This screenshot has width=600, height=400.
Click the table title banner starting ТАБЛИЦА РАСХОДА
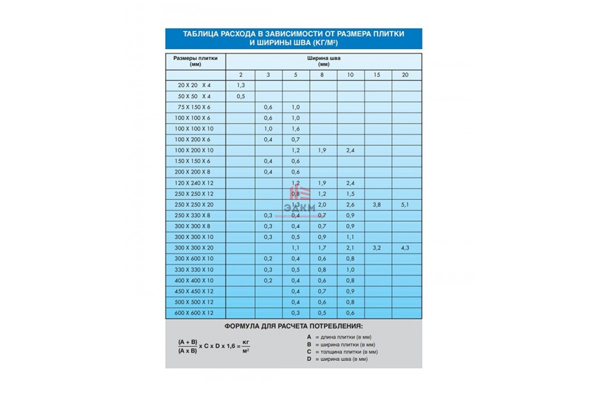tap(293, 38)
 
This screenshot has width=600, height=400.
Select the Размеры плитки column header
tap(195, 60)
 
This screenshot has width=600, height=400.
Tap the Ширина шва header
tap(323, 60)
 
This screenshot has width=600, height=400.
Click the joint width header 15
tap(377, 75)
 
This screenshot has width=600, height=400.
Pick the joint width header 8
tap(323, 75)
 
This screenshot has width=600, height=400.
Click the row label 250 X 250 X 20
tap(195, 204)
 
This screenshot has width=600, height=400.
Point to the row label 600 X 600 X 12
tap(195, 313)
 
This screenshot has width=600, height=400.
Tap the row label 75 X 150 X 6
tap(195, 107)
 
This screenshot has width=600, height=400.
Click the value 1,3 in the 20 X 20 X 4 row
tap(240, 85)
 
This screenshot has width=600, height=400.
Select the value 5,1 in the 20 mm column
tap(405, 204)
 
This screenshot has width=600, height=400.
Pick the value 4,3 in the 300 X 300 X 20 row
tap(405, 248)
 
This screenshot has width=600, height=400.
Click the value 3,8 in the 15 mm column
tap(377, 204)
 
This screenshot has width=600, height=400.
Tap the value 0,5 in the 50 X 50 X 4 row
tap(240, 96)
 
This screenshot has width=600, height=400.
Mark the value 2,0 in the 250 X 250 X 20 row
tap(322, 204)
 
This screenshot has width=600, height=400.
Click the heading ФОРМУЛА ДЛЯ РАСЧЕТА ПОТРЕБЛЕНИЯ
tap(293, 327)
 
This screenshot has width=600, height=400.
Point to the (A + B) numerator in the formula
tap(187, 342)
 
